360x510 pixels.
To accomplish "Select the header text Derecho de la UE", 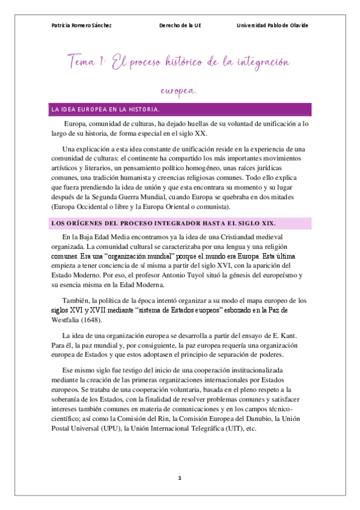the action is pos(180,25).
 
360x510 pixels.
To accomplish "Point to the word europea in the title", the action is pos(178,91).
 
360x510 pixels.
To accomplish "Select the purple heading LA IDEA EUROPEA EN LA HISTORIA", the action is pos(105,109).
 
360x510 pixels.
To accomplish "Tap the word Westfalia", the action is pos(69,320).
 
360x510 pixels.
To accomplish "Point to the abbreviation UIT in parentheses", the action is pos(229,428).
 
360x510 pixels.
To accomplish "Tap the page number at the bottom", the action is pos(179,478).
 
